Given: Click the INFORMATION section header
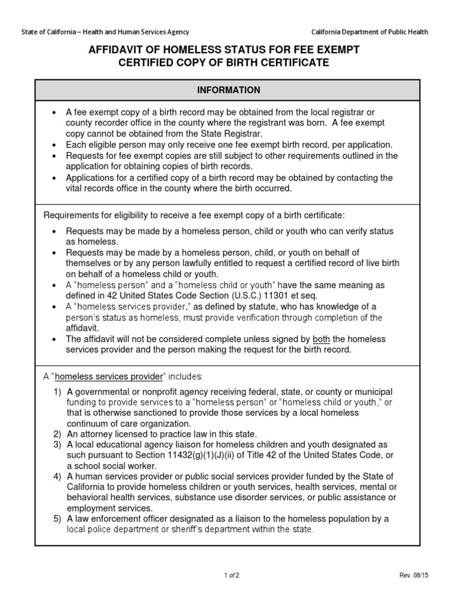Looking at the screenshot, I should click(228, 90).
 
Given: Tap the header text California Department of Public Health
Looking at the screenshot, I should click(370, 32).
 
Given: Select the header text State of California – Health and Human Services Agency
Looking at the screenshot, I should click(105, 32).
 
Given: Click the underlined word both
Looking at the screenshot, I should click(321, 339).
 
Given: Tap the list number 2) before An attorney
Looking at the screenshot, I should click(57, 434).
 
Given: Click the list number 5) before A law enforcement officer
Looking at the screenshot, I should click(57, 519).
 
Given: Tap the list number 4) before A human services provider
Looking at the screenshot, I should click(57, 477).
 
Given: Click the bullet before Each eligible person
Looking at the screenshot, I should click(54, 145).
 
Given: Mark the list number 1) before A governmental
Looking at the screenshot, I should click(57, 392).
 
